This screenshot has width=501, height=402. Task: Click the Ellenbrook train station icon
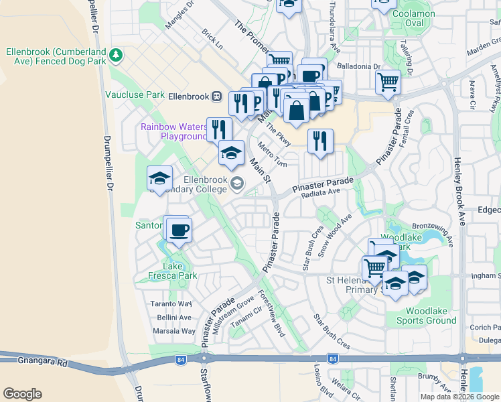(217, 96)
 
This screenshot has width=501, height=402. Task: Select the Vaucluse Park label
(135, 94)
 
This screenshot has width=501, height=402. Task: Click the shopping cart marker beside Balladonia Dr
(388, 83)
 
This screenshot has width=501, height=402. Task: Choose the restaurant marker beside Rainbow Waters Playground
(219, 129)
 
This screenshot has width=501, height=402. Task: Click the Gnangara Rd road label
(34, 362)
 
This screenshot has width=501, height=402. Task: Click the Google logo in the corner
(22, 394)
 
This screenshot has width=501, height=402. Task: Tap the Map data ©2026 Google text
(459, 397)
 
